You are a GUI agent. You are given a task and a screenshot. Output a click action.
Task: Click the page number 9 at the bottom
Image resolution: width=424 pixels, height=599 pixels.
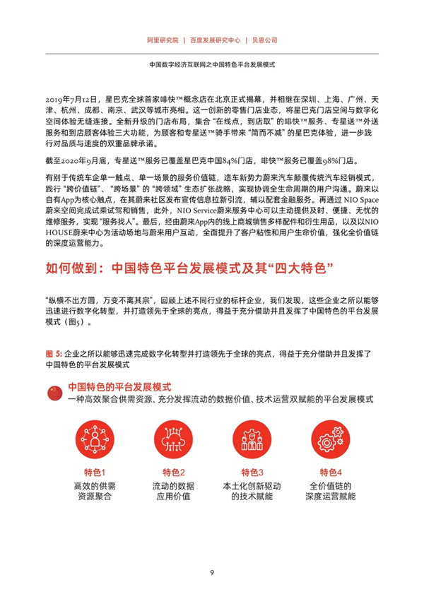(x=212, y=572)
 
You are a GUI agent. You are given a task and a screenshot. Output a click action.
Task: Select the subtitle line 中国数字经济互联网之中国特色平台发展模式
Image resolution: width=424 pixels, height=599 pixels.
(x=212, y=63)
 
